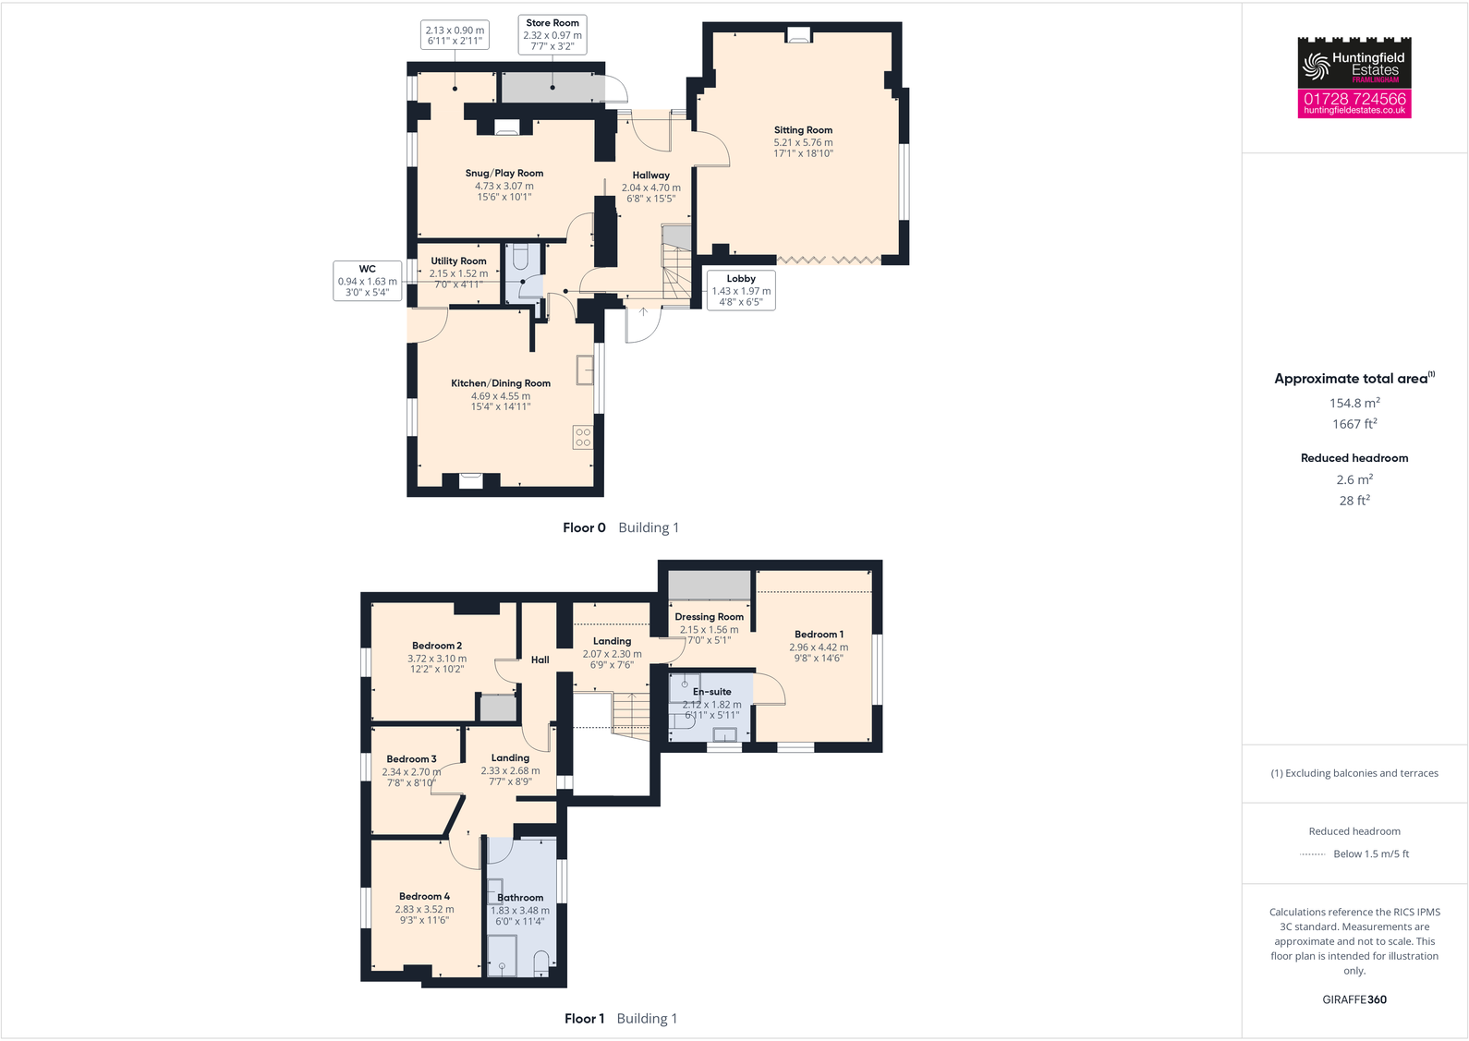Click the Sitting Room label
click(803, 130)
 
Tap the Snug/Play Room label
click(504, 174)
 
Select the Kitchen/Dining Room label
click(501, 383)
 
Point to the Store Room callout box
click(552, 34)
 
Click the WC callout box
click(368, 281)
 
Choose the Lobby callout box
click(741, 290)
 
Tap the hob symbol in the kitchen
click(583, 437)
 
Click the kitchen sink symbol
click(585, 369)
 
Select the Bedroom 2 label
click(437, 646)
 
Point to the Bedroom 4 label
click(425, 896)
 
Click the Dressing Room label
click(709, 617)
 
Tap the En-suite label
click(712, 692)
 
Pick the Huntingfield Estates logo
click(1354, 65)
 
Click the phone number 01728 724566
click(1354, 99)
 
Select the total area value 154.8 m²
click(1354, 403)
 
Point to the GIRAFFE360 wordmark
click(1354, 999)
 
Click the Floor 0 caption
click(584, 527)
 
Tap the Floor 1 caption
click(584, 1019)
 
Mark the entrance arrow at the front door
click(643, 312)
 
